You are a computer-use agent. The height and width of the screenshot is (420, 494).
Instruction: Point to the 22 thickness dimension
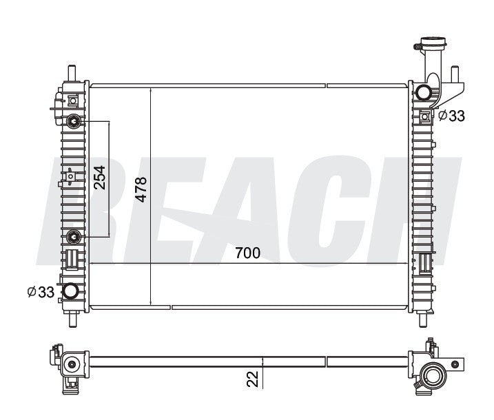coord(253,378)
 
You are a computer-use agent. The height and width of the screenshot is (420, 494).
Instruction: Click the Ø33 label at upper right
coord(451,116)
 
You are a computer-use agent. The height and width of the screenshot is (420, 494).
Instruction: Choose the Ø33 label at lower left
coord(41,293)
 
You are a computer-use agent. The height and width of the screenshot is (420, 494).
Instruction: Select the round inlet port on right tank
coord(424,92)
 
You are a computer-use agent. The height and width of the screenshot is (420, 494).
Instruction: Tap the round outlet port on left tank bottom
coord(70,292)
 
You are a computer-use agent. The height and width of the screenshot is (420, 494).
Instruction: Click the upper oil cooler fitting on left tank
coord(74,123)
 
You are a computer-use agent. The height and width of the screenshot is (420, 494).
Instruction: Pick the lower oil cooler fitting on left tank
coord(74,238)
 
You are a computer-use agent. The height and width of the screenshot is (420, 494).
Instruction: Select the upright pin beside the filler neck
coord(455,74)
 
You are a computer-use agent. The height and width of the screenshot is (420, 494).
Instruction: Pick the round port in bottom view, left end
coord(71,364)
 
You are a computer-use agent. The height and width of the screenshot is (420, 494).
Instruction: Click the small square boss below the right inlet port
coord(425,115)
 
